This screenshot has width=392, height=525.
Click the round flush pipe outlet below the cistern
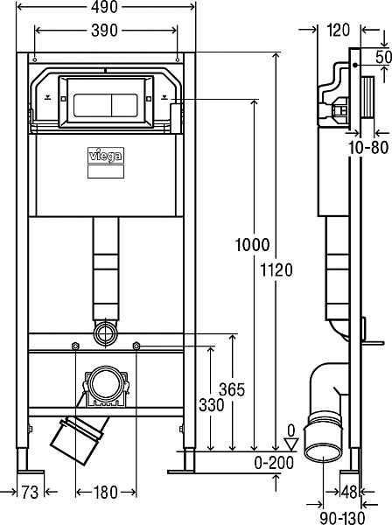click(x=105, y=332)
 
